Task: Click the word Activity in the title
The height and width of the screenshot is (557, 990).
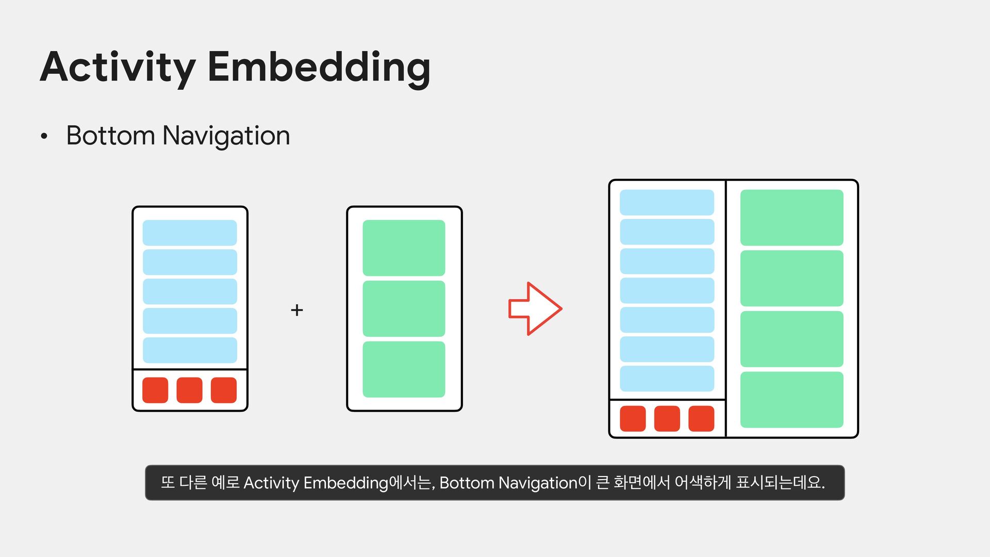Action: point(118,67)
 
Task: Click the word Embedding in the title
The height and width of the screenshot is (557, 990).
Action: point(319,67)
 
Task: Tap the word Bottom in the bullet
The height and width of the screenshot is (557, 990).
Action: point(110,136)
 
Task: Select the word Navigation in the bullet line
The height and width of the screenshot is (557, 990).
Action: point(226,136)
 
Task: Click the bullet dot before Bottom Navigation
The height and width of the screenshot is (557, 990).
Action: point(44,137)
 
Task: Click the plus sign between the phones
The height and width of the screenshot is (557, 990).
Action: point(296,310)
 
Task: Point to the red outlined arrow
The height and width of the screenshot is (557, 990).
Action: point(535,309)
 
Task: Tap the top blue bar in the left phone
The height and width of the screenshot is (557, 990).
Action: point(190,233)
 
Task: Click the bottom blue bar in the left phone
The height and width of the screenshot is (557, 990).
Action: point(190,350)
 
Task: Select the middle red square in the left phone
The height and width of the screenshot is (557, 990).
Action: point(189,390)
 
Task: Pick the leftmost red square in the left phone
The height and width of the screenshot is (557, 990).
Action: point(155,390)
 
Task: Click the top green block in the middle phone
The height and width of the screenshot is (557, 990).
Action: point(404,248)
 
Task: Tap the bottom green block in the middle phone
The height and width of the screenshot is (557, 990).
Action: point(404,369)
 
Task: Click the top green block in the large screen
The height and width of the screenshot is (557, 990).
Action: point(791,217)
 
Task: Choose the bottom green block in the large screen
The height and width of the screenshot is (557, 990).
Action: point(791,400)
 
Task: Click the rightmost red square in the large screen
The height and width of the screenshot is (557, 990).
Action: point(701,418)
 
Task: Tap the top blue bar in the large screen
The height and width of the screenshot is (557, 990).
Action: point(667,202)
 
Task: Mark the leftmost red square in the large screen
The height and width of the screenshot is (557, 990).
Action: point(633,418)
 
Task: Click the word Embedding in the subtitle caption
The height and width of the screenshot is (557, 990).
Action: point(345,483)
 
